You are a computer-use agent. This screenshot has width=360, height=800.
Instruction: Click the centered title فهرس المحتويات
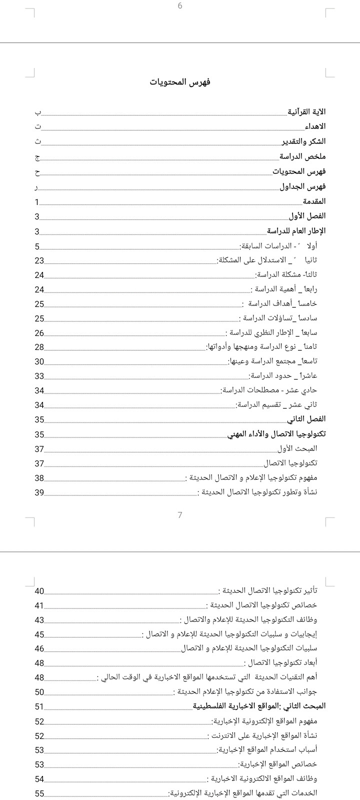pos(180,82)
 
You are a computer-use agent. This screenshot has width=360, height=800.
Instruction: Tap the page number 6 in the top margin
pos(180,6)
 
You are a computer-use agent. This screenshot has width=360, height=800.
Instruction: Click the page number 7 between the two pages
pos(180,515)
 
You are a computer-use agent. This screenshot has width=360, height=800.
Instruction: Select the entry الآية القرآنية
pos(306,111)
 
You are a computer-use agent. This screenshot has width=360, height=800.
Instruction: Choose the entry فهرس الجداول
pos(302,186)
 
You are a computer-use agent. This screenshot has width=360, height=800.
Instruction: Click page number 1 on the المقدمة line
pos(37,202)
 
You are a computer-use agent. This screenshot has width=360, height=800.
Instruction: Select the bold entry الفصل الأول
pos(307,216)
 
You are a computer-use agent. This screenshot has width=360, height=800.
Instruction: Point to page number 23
pos(39,260)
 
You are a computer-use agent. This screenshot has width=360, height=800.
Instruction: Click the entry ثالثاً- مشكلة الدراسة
pos(286,274)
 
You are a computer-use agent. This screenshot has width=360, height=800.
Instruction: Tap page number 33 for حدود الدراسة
pos(39,376)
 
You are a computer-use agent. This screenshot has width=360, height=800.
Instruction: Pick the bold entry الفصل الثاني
pos(306,419)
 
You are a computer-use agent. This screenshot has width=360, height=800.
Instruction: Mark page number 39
pos(39,492)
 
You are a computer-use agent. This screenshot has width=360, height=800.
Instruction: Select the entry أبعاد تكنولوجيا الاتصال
pos(280,662)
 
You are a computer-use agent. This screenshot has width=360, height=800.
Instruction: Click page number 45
pos(39,634)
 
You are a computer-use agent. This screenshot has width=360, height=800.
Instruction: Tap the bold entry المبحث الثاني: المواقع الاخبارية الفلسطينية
pos(259,706)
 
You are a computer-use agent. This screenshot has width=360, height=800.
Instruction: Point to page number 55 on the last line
pos(39,793)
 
